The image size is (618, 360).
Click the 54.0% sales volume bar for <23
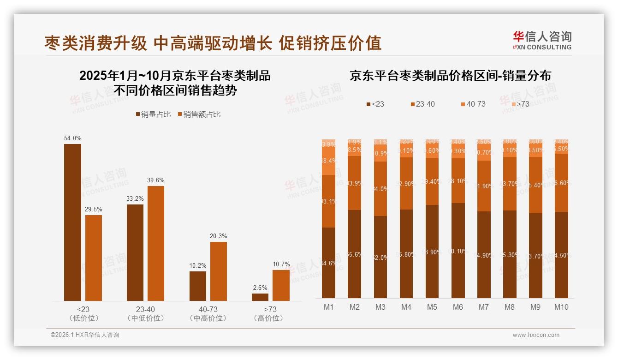72,222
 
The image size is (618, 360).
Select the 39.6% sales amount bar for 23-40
155,243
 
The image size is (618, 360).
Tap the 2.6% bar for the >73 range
260,297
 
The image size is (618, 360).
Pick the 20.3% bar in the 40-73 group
219,271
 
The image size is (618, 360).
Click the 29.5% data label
94,209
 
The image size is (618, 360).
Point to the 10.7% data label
281,264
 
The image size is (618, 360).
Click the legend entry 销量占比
154,114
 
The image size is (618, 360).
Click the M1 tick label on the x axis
328,307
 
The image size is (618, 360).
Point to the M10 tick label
561,307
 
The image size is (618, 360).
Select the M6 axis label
458,307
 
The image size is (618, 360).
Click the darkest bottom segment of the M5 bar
432,252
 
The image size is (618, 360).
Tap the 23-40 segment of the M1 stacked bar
328,201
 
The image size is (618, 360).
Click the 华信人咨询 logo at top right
542,40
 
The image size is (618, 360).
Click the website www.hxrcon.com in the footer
536,335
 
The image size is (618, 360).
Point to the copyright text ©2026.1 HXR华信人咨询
85,335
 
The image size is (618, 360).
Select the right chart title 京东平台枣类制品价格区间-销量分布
450,76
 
